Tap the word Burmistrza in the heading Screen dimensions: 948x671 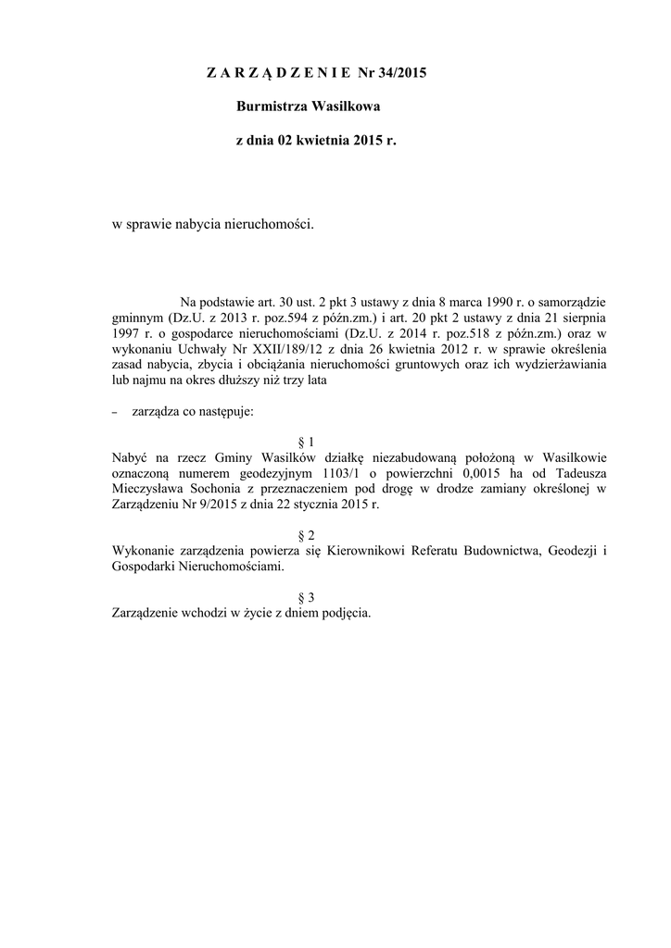(x=272, y=107)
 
